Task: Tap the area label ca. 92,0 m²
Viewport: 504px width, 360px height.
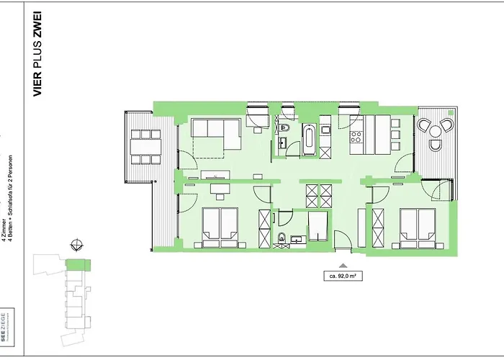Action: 343,275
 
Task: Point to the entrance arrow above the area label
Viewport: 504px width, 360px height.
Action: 343,264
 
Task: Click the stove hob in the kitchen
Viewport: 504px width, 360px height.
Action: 356,135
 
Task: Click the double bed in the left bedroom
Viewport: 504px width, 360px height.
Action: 220,225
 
